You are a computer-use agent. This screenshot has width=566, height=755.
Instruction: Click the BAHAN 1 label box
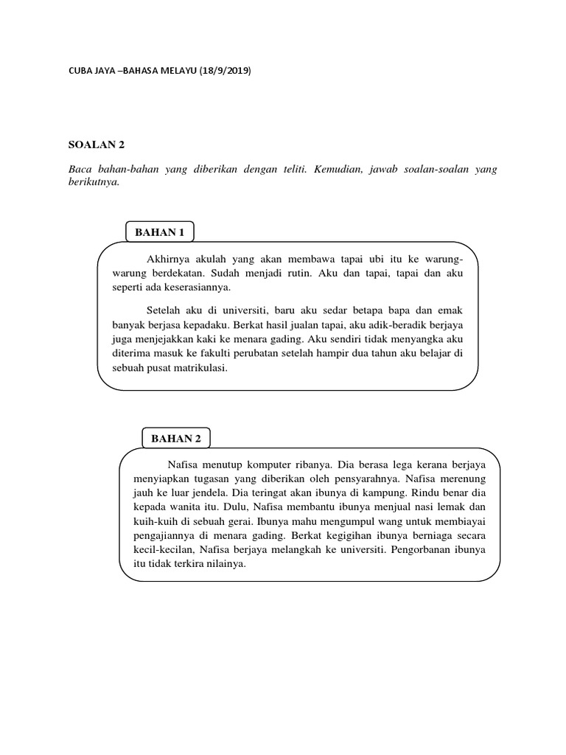pos(159,232)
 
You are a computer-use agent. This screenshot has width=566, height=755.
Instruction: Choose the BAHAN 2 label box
pos(176,438)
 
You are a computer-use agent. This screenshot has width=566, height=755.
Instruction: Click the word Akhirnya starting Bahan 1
pos(170,260)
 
